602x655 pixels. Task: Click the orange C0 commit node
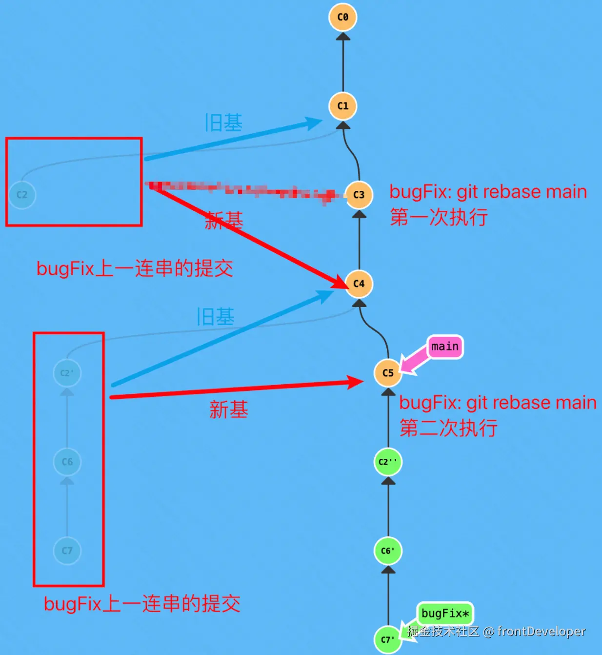click(343, 17)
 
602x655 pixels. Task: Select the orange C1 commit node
click(343, 106)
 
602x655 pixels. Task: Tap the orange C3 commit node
click(359, 195)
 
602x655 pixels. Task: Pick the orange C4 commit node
click(359, 284)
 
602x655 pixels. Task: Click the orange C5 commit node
click(388, 373)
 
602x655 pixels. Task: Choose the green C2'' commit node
click(388, 462)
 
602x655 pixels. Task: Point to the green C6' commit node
click(388, 551)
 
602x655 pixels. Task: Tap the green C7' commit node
click(387, 639)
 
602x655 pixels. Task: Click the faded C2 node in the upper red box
click(22, 195)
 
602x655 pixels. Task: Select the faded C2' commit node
click(67, 373)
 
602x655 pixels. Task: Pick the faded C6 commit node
click(67, 462)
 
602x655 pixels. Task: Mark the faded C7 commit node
click(67, 551)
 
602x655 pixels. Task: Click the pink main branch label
click(445, 347)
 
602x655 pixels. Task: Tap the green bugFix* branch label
click(445, 614)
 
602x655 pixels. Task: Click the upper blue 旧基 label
click(223, 123)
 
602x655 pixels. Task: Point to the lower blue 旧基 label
click(215, 317)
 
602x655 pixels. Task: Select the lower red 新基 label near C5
click(228, 409)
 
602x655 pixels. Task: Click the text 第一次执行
click(439, 217)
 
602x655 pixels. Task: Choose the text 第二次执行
click(448, 428)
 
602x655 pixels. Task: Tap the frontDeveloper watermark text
click(541, 632)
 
